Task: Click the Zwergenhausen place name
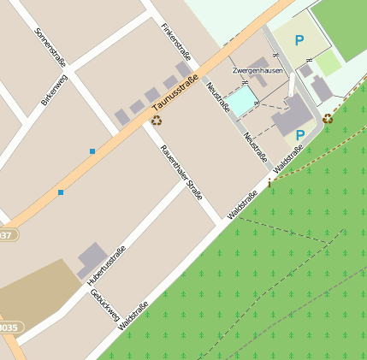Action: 257,70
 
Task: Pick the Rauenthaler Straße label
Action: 181,171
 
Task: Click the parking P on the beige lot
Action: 299,39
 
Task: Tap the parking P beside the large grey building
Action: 299,135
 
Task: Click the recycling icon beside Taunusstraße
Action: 157,121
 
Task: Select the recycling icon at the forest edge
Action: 328,119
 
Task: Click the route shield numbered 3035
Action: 7,328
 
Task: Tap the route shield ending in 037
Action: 5,234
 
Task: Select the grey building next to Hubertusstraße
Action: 92,260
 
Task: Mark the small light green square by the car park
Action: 329,62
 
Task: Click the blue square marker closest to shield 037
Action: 61,192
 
